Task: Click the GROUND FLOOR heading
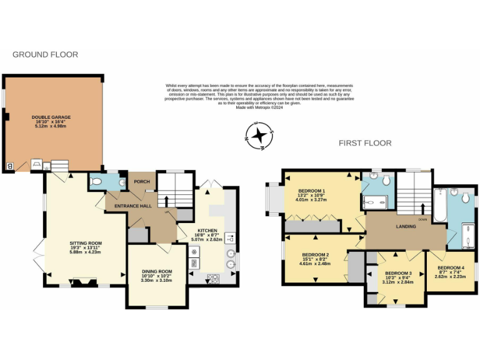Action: (x=45, y=55)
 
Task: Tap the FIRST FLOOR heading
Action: (x=365, y=143)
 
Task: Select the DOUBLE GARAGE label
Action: (x=51, y=117)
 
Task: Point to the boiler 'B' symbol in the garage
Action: (x=9, y=166)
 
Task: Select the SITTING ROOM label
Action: (x=85, y=243)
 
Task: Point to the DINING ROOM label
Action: (x=156, y=271)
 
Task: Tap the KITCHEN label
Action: (x=207, y=230)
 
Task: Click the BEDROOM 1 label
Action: (x=311, y=190)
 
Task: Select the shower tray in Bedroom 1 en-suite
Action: (x=376, y=201)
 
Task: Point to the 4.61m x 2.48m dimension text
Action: (x=315, y=264)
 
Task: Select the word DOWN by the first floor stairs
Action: (x=422, y=219)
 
